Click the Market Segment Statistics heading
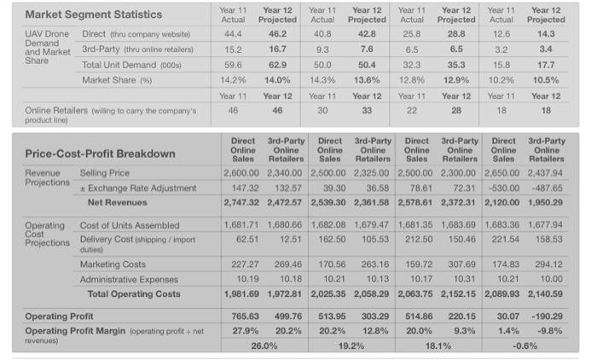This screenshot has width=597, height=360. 93,15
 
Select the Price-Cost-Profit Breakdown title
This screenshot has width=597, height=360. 100,154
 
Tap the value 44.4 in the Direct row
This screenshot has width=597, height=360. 233,33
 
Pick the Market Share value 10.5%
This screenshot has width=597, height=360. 546,79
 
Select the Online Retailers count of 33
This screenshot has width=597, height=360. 368,110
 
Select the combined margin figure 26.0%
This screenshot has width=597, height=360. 264,346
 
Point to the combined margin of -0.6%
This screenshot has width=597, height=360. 525,346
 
